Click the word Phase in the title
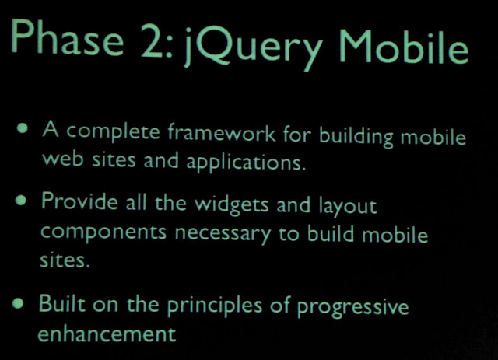coord(67,37)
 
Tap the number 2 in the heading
coord(153,40)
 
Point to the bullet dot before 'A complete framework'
coord(23,128)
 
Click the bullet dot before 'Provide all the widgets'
coord(21,200)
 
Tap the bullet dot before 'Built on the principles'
coord(18,303)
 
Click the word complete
coord(112,131)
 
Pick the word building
coord(356,136)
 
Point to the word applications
coord(246,162)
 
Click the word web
coord(63,158)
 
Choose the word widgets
coord(232,204)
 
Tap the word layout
coord(348,206)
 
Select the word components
coord(103,232)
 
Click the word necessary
coord(223,233)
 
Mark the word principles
coord(215,305)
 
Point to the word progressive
coord(352,307)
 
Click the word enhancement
coord(107,334)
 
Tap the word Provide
coord(79,201)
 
